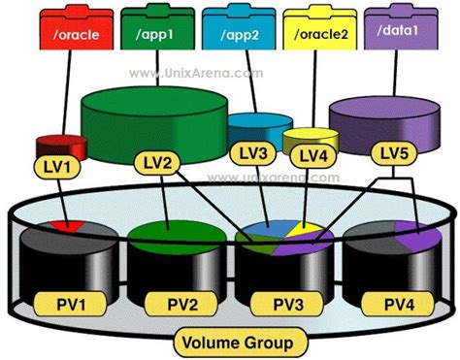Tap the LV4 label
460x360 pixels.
click(312, 154)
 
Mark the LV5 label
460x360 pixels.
click(395, 152)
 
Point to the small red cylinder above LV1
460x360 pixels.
click(56, 147)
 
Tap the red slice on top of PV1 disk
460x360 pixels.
click(72, 227)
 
